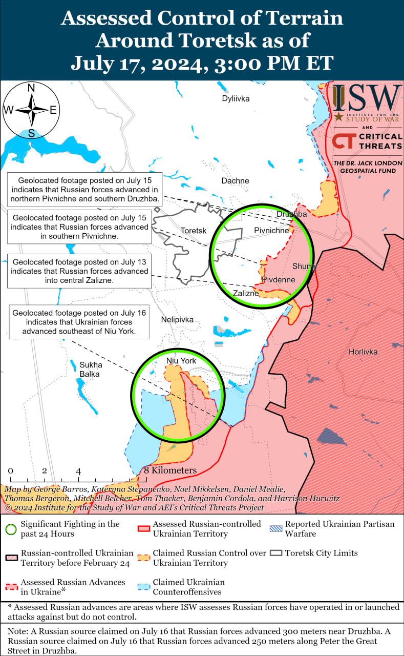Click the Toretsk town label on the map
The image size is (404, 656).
pos(194,231)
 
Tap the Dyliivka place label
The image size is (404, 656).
pos(236,98)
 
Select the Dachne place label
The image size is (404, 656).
pos(235,180)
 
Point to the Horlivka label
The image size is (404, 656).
pos(363,352)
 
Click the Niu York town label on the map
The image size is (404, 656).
pos(181,361)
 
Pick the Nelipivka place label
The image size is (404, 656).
pos(177,319)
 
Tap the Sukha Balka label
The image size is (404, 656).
pos(91,370)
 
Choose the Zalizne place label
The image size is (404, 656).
pos(246,294)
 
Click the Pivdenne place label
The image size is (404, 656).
pos(278,280)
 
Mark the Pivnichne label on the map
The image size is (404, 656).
pos(271,231)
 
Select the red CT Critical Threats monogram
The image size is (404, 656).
pos(343,141)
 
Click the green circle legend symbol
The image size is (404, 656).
pos(10,529)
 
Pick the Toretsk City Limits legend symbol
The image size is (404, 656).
pos(277,553)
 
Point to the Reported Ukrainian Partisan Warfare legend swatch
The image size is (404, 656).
pos(277,524)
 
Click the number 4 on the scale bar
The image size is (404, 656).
pos(78,471)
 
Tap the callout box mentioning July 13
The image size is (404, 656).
pos(79,271)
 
